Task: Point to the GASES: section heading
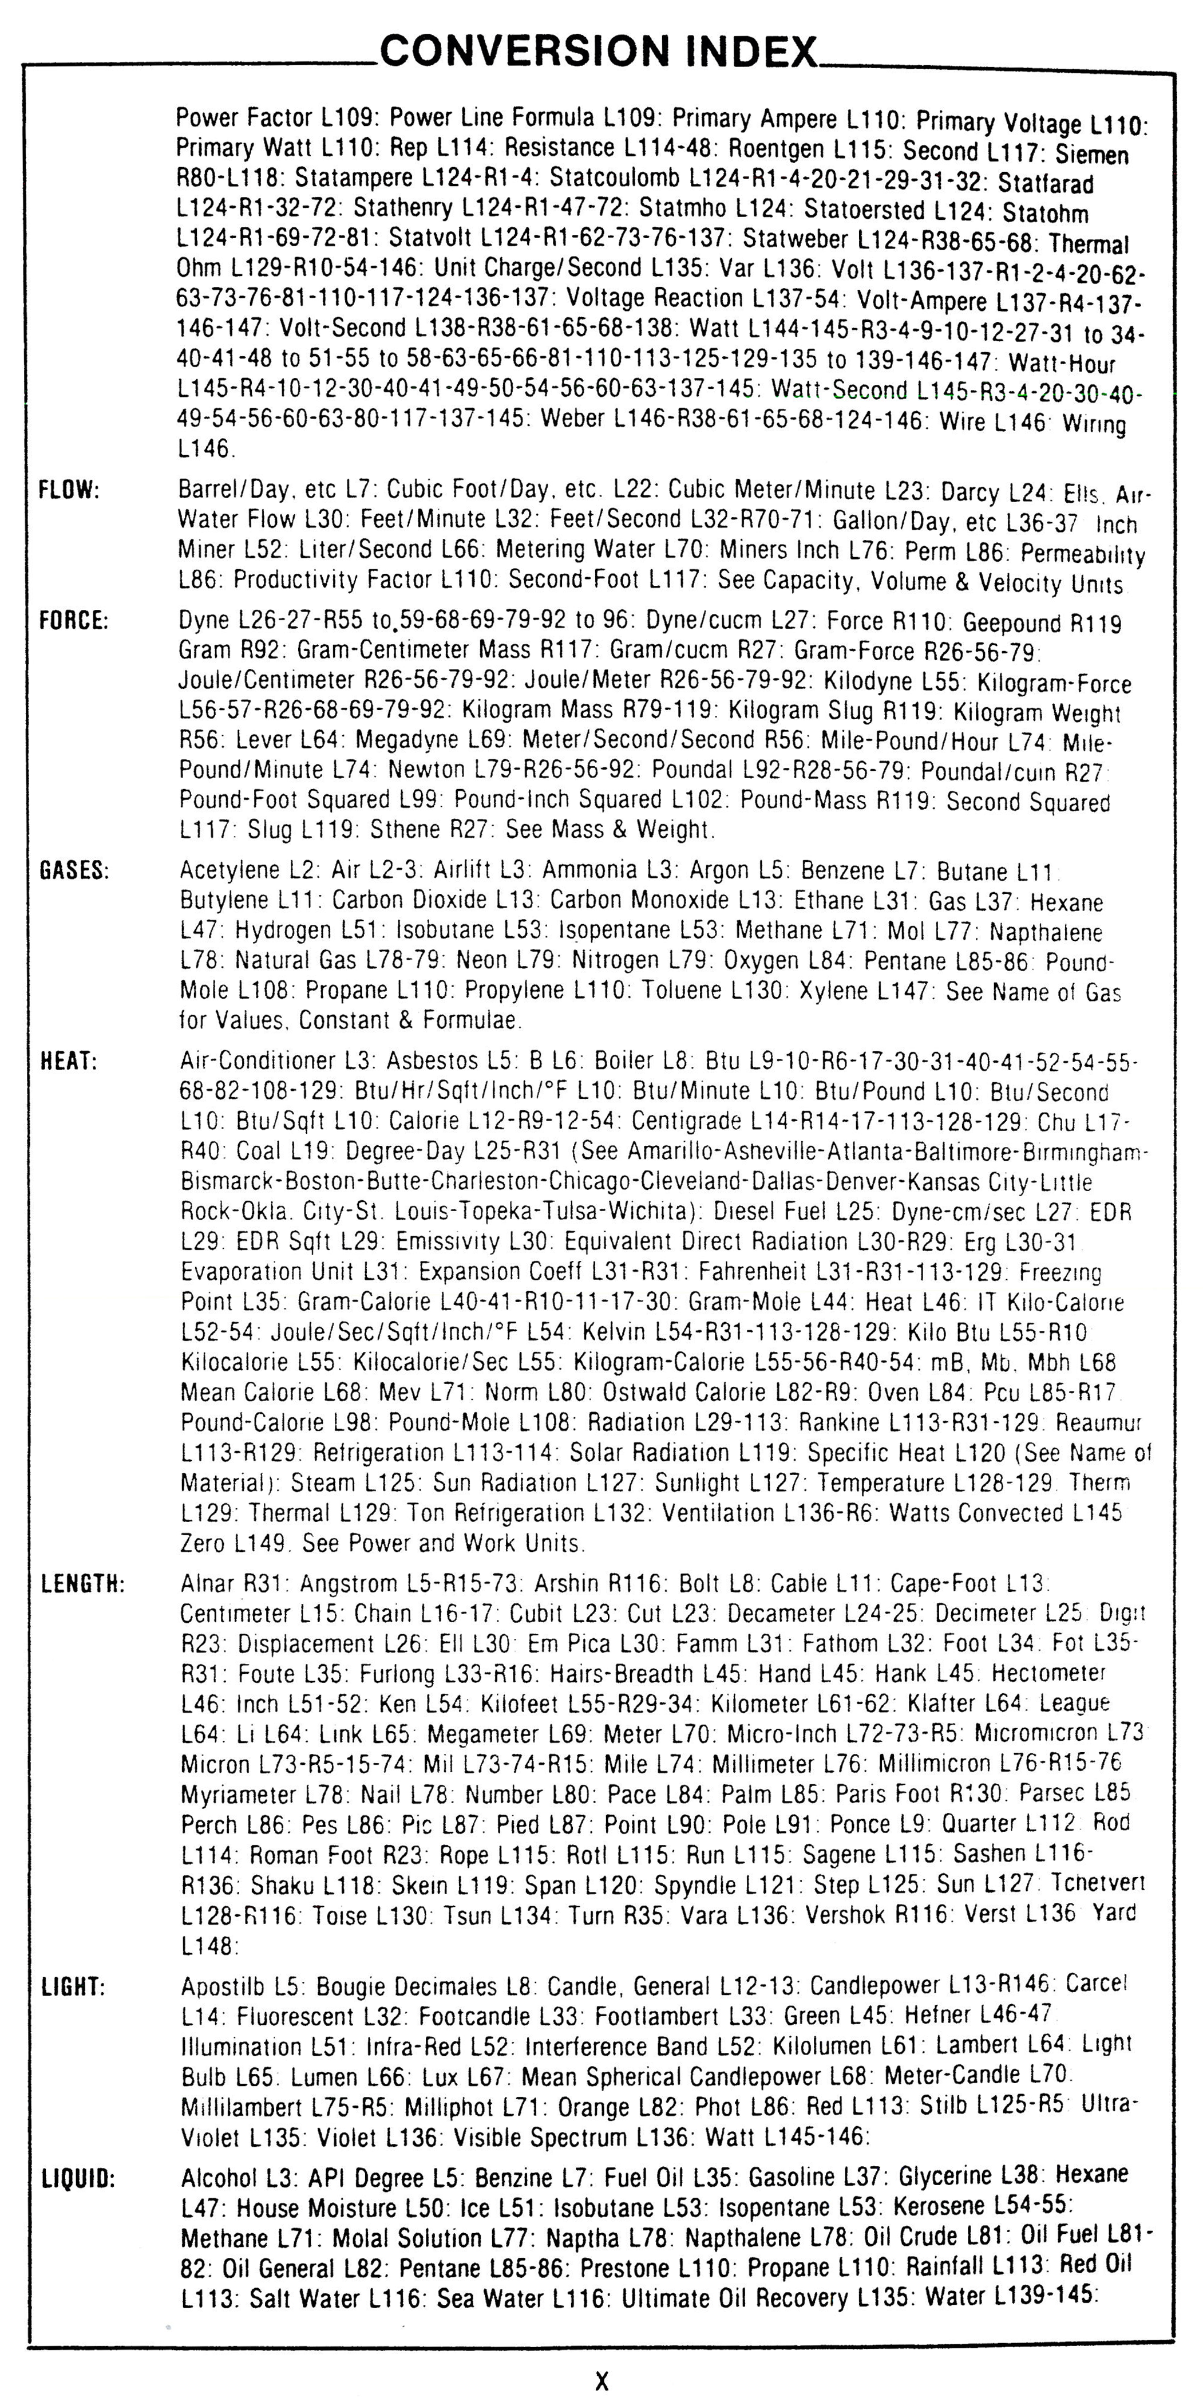pyautogui.click(x=74, y=870)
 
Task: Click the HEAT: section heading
pyautogui.click(x=69, y=1062)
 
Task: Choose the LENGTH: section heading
pyautogui.click(x=82, y=1584)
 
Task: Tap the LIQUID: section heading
pyautogui.click(x=78, y=2179)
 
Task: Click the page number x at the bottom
pyautogui.click(x=602, y=2380)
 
